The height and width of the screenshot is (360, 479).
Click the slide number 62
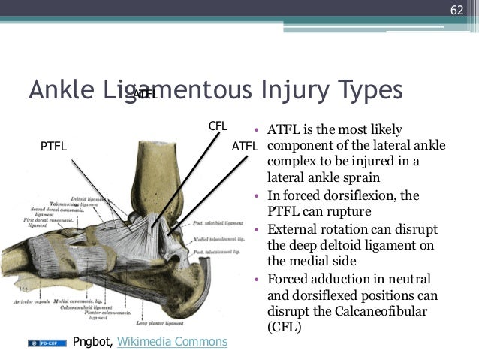pyautogui.click(x=457, y=10)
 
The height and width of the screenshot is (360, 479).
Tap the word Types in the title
pyautogui.click(x=366, y=89)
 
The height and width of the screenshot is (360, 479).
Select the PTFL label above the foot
pyautogui.click(x=53, y=147)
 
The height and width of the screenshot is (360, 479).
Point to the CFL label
pyautogui.click(x=218, y=126)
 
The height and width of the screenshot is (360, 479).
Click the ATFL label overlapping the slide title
pyautogui.click(x=145, y=95)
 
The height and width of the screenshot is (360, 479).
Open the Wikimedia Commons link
pyautogui.click(x=173, y=342)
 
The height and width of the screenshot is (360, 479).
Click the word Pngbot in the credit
pyautogui.click(x=92, y=342)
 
